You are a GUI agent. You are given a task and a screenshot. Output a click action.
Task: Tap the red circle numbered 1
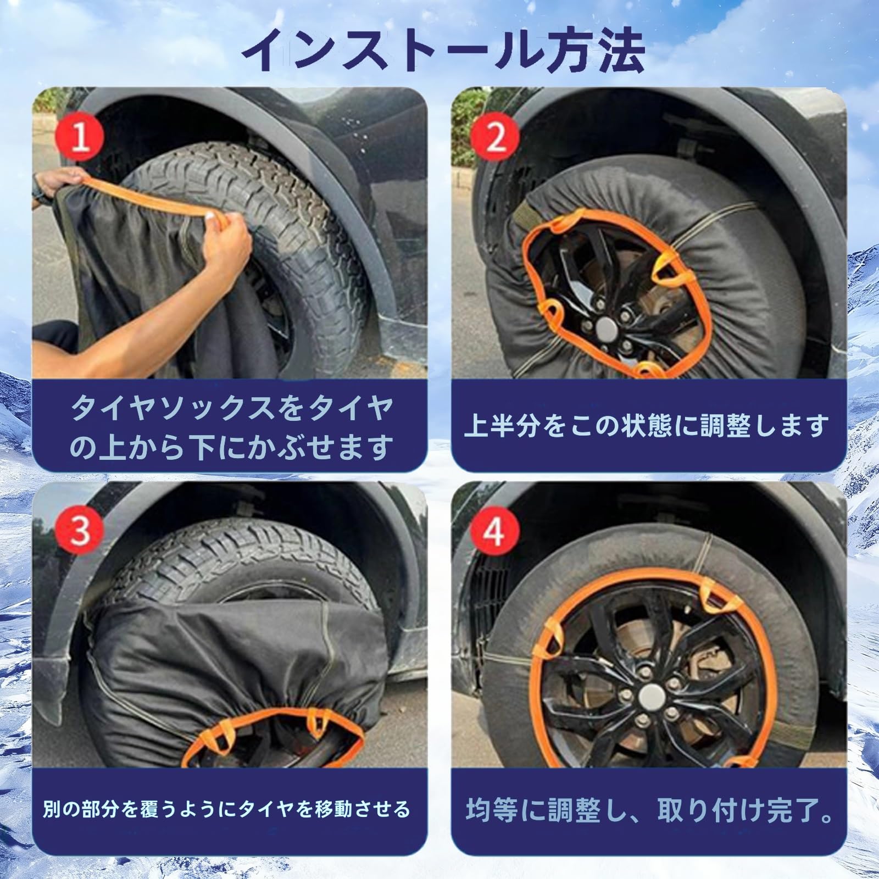81,137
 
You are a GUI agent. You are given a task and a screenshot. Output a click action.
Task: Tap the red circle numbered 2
495,137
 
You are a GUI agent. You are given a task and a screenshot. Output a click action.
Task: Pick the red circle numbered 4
495,531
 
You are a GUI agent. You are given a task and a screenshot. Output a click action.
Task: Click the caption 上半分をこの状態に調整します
646,426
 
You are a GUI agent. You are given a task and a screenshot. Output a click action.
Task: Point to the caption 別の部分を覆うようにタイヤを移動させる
226,809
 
